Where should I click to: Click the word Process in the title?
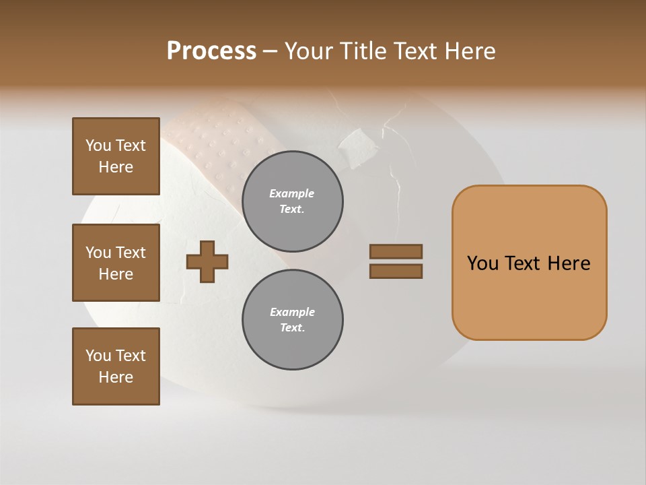(x=211, y=51)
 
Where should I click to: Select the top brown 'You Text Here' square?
(x=116, y=156)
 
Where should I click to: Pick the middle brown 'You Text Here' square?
(x=116, y=263)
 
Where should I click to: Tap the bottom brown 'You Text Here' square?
(x=116, y=366)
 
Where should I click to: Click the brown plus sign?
(x=207, y=261)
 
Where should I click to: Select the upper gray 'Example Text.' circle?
(x=292, y=201)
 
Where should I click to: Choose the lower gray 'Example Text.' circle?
(x=292, y=320)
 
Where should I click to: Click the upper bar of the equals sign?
(x=396, y=251)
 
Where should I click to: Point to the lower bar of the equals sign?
(x=396, y=271)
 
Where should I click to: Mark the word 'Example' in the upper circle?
(x=292, y=193)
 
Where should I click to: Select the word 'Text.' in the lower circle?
(x=292, y=328)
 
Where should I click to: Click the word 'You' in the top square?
(x=98, y=145)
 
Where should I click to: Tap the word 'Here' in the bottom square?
(x=116, y=377)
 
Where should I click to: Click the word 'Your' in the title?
(x=308, y=51)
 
